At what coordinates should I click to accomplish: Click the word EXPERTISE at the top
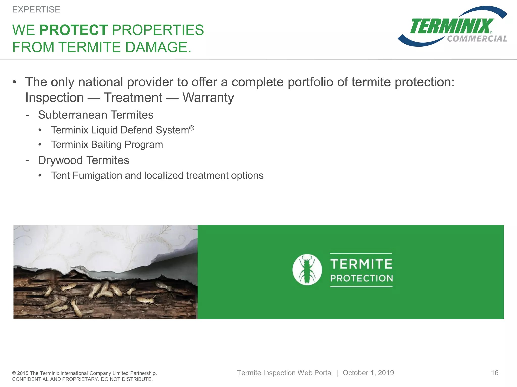coord(36,10)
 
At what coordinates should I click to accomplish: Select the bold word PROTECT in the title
coord(74,30)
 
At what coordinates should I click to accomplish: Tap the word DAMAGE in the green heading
coord(158,47)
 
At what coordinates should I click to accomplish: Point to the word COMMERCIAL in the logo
coord(477,39)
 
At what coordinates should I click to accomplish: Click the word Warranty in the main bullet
coord(208,98)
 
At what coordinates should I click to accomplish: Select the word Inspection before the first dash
coord(55,98)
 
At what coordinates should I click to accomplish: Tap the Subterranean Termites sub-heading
coord(96,115)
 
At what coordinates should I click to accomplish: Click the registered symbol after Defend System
coord(192,128)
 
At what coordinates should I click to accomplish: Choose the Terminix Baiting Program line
coord(107,145)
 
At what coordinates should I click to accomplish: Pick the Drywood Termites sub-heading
coord(84,160)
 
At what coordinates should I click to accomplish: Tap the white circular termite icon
coord(307,270)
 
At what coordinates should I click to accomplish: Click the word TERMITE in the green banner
coord(361,264)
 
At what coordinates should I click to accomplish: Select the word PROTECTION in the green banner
coord(361,278)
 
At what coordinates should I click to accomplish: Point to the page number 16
coord(495,373)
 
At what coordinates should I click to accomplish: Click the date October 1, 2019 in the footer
coord(368,373)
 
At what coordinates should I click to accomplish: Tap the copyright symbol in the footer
coord(14,373)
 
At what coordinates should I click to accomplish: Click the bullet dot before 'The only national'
coord(14,82)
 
